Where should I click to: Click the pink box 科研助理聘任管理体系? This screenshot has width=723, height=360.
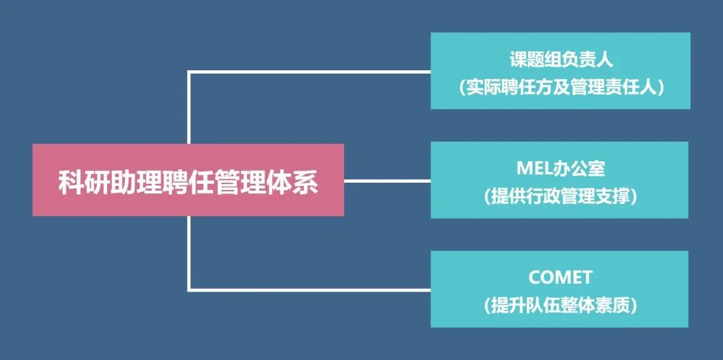[188, 179]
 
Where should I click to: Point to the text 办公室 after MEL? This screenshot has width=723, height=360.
[578, 169]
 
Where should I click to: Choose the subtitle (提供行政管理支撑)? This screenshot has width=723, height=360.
[560, 197]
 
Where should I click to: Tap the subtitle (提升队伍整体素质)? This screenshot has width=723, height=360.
[560, 306]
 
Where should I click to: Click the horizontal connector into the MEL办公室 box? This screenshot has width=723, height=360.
[387, 180]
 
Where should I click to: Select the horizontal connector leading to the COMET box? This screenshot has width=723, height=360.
[308, 290]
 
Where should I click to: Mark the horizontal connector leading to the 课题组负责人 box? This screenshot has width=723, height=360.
[308, 72]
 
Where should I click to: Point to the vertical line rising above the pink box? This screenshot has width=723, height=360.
[189, 107]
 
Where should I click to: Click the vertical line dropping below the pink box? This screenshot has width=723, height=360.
[189, 253]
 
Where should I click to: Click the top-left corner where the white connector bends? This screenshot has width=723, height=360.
[189, 72]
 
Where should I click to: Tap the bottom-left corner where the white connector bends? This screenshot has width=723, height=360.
[189, 290]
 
